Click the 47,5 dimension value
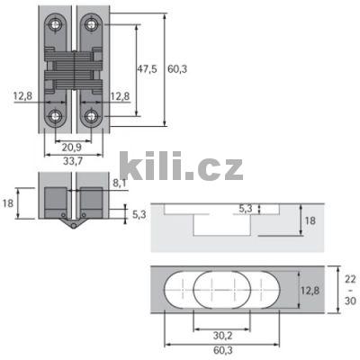point(148,68)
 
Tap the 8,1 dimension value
point(119,182)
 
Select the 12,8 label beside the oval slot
point(308,290)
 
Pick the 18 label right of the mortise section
point(310,220)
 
